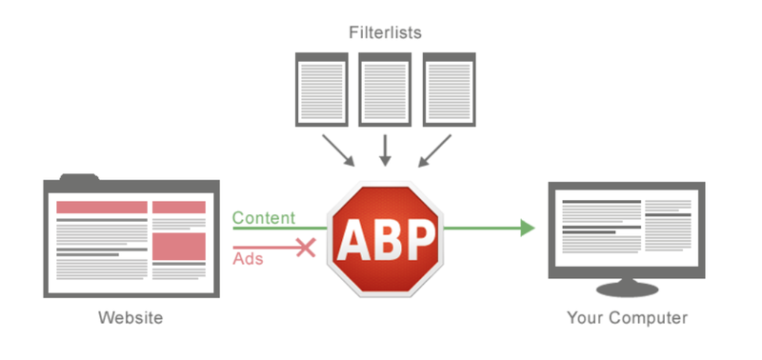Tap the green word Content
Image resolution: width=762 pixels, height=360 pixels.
(263, 218)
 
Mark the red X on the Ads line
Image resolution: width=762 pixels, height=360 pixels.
(305, 248)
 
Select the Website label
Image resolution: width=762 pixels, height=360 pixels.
(130, 317)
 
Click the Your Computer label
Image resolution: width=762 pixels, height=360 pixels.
(626, 317)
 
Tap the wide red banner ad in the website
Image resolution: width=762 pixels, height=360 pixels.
(102, 208)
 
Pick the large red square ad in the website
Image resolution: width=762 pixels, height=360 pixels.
(179, 245)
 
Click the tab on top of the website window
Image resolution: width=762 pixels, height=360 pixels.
(78, 177)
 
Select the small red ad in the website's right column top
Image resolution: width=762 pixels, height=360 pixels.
(179, 208)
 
